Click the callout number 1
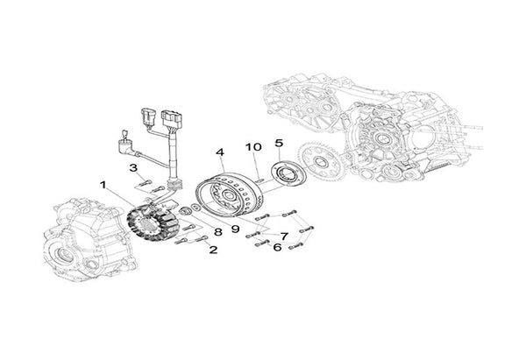[103, 185]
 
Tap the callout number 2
[213, 250]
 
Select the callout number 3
[133, 167]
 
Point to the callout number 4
[220, 152]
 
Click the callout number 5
[279, 143]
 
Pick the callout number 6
[277, 247]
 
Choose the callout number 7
[284, 236]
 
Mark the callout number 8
[218, 232]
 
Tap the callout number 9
[235, 229]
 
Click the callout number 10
[253, 147]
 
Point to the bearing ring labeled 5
[288, 173]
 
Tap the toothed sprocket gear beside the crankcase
[319, 161]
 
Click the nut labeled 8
[185, 211]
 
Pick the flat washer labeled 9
[195, 207]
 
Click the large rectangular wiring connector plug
[172, 119]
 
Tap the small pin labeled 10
[260, 180]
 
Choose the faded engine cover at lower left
[90, 238]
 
